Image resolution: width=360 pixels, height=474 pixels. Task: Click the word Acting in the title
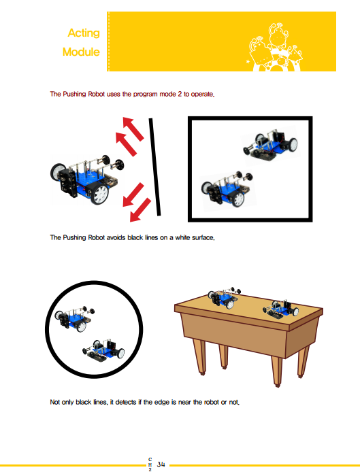pos(84,33)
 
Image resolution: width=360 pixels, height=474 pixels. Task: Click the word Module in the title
pos(81,52)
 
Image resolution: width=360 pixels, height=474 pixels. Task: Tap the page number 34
pos(161,464)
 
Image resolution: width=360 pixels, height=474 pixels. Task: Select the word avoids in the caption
pos(116,237)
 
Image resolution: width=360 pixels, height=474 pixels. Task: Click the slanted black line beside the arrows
pos(154,167)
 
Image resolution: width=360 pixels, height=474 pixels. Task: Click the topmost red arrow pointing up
pos(133,129)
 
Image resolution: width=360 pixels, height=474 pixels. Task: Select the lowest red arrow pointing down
pos(140,209)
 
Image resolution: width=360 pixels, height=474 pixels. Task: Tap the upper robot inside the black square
pos(270,144)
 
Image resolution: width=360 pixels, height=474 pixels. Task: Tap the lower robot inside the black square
pos(227,190)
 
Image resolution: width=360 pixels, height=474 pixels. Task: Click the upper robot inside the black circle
pos(74,319)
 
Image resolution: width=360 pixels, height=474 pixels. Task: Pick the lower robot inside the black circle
pos(103,351)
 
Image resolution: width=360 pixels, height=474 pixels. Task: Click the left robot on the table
pos(224,298)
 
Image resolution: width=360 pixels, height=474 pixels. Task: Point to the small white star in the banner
pos(248,62)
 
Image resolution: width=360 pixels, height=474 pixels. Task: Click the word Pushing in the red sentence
pos(74,95)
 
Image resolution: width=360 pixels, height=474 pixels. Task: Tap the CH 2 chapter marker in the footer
pos(150,464)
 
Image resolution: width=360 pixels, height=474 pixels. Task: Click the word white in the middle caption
pos(182,237)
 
